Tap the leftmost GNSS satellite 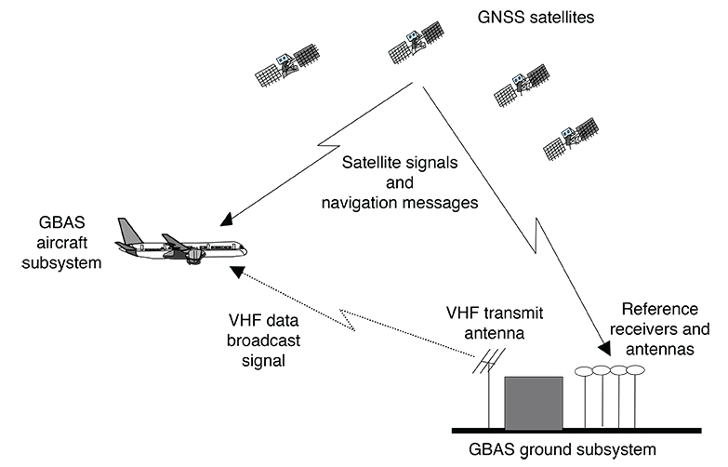(x=289, y=65)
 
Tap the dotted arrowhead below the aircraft (x=237, y=272)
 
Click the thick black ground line (x=575, y=431)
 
